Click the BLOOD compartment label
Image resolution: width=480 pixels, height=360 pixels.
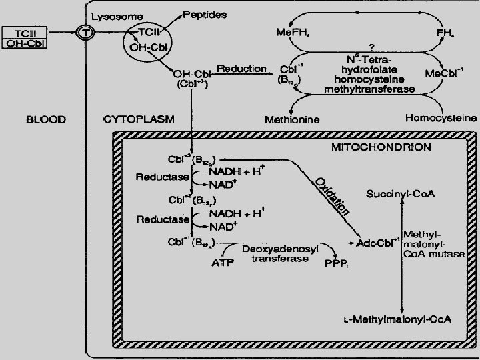(46, 119)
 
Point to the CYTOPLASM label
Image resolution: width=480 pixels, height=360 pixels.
(139, 119)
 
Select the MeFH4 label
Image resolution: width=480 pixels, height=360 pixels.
(293, 32)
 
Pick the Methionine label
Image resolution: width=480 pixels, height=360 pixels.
(292, 119)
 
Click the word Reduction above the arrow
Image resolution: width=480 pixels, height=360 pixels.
(241, 69)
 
